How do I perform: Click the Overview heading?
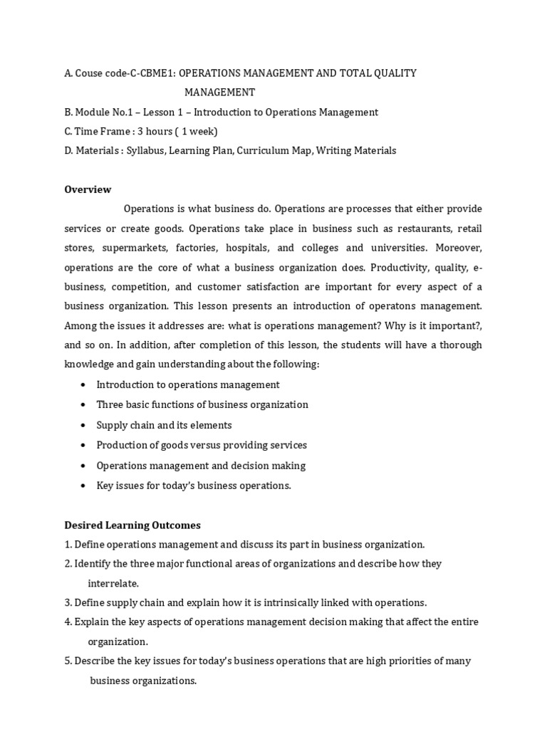(x=88, y=189)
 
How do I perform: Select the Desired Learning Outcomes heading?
(x=132, y=525)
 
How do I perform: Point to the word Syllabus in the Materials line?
(x=145, y=151)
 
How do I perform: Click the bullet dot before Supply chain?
(x=84, y=425)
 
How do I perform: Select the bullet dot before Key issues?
(x=84, y=486)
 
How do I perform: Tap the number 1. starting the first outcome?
(x=68, y=545)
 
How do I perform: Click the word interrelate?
(x=113, y=583)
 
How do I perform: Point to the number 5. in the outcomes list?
(x=68, y=661)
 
